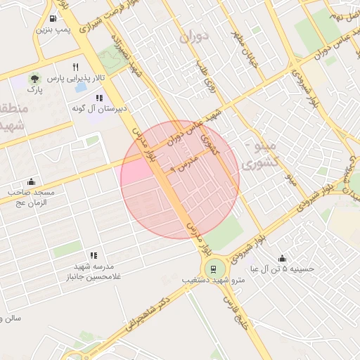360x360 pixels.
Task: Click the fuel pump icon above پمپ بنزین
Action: pyautogui.click(x=54, y=18)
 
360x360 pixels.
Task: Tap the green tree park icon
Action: pyautogui.click(x=34, y=78)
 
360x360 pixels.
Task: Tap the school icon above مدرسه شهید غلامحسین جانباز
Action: pyautogui.click(x=93, y=255)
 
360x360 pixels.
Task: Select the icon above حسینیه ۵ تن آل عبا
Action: pyautogui.click(x=282, y=258)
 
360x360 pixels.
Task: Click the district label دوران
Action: pyautogui.click(x=195, y=37)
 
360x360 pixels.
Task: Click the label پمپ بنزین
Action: pyautogui.click(x=55, y=31)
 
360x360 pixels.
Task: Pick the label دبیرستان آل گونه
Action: pyautogui.click(x=98, y=110)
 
